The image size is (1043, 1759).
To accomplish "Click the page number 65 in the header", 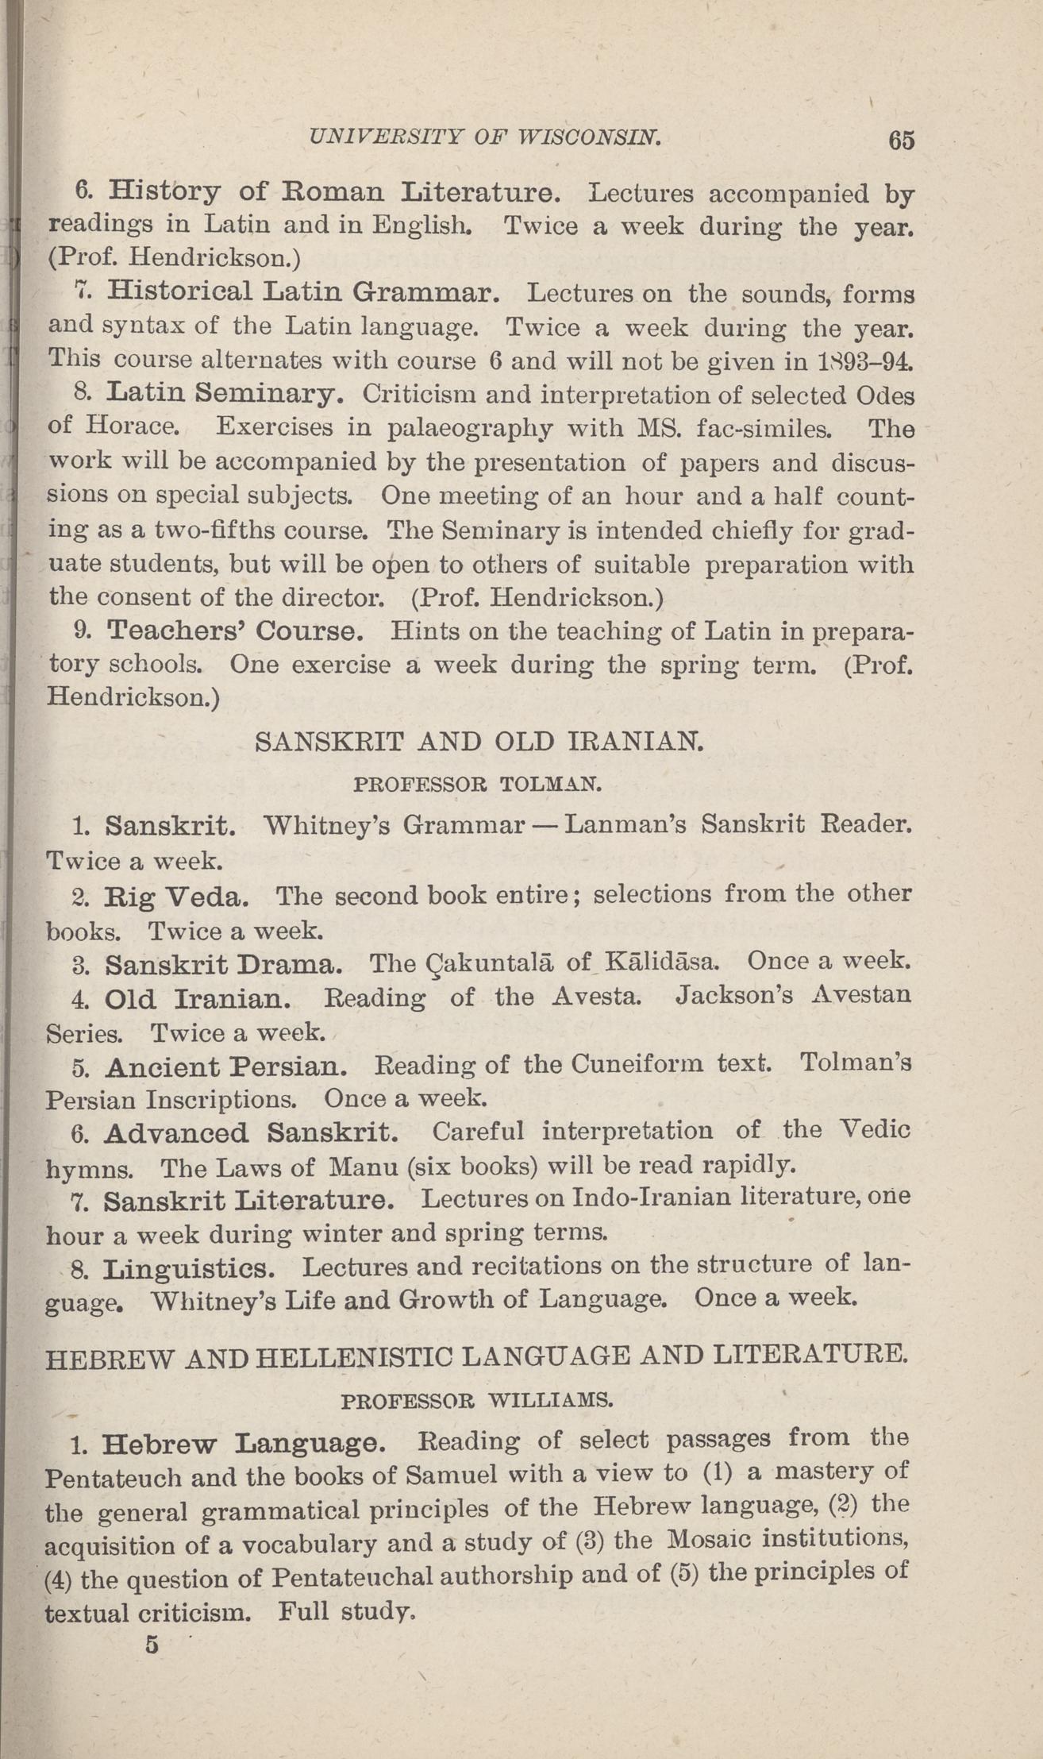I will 902,141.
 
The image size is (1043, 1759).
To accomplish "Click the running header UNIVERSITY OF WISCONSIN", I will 485,137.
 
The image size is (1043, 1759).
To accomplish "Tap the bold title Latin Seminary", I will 225,393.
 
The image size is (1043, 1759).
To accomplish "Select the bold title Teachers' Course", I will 235,631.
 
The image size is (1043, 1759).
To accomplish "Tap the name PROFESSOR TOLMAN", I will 478,785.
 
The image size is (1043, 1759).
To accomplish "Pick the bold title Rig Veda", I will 176,897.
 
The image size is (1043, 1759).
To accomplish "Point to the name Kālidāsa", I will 660,962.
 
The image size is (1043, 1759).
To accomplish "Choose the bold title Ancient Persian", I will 225,1066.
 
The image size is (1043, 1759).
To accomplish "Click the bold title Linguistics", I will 190,1268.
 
